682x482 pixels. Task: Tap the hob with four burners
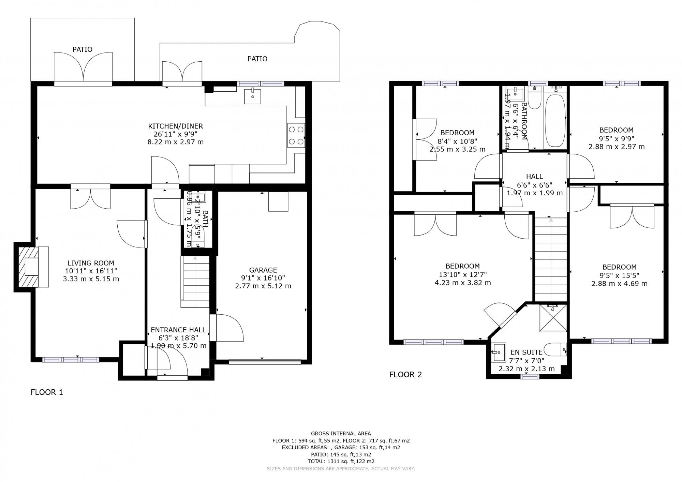coord(296,135)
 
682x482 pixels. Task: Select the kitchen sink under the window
coord(253,96)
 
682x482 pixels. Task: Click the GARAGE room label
coord(263,270)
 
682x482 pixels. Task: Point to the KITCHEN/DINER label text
coord(175,126)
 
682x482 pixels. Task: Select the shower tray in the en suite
coord(553,318)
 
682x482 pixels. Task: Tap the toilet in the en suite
coord(554,350)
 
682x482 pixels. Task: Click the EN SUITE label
coord(526,352)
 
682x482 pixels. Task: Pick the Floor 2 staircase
coord(550,259)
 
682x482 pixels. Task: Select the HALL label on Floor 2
coord(534,177)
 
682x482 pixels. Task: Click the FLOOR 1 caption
coord(47,392)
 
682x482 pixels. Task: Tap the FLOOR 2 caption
coord(405,375)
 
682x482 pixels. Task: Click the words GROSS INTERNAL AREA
coord(341,434)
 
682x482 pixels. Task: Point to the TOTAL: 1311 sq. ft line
coord(341,461)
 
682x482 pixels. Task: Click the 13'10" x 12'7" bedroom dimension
coord(462,274)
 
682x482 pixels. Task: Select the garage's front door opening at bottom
coord(265,362)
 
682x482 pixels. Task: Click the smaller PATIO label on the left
coord(82,49)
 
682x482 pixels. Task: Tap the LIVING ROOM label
coord(91,263)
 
